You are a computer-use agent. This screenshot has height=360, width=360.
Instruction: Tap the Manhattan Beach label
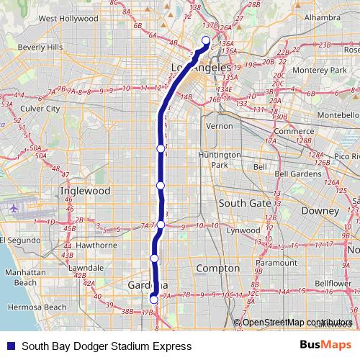(25, 279)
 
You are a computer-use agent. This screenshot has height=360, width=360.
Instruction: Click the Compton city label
(217, 268)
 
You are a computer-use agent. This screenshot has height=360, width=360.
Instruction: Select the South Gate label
(244, 203)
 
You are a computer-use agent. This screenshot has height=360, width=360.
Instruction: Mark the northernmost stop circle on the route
(205, 41)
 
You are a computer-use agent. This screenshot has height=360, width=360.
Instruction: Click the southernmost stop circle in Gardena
(153, 299)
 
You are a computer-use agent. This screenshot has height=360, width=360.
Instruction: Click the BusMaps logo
(325, 346)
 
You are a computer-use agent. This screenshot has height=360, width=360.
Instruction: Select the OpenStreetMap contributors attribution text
(297, 322)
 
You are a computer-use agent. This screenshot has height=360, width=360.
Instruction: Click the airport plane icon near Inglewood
(15, 208)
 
